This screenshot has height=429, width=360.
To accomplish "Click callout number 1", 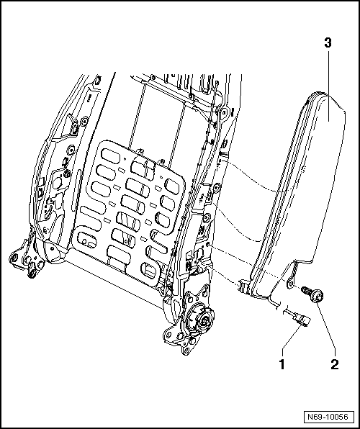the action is click(x=282, y=364).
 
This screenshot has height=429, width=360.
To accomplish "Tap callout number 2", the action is click(x=335, y=364).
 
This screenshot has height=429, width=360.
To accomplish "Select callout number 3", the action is click(x=328, y=42).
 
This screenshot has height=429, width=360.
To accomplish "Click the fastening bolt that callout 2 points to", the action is click(x=312, y=294).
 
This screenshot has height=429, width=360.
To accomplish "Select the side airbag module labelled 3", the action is click(x=298, y=191).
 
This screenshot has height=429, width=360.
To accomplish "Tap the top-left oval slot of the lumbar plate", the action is click(x=109, y=156).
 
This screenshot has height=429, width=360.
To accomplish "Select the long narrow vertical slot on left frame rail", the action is click(x=76, y=189).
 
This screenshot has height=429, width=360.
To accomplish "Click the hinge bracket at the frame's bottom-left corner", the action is click(x=27, y=261).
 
